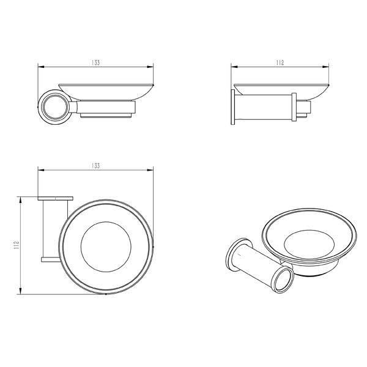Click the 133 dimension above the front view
pyautogui.click(x=95, y=63)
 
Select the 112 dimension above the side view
pyautogui.click(x=280, y=63)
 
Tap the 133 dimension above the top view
pyautogui.click(x=95, y=166)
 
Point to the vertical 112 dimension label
pyautogui.click(x=16, y=245)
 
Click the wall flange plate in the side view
pyautogui.click(x=232, y=107)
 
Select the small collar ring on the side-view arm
pyautogui.click(x=294, y=107)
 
